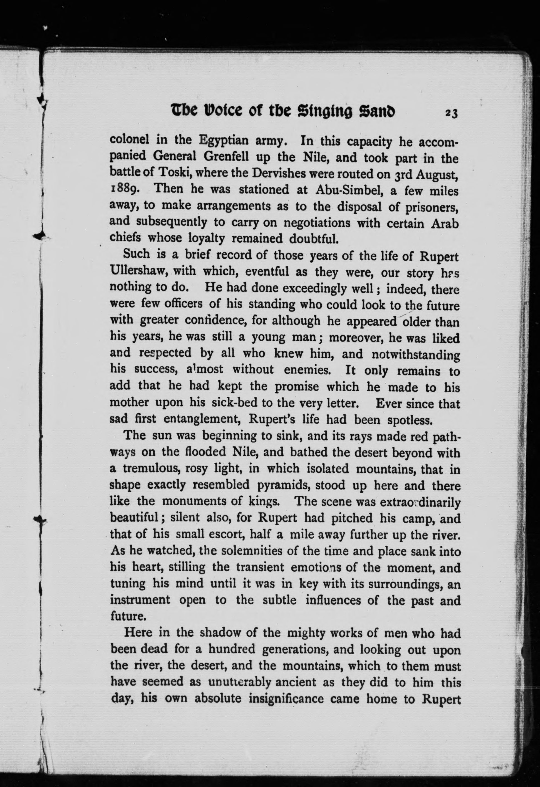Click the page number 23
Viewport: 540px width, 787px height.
[x=452, y=113]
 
